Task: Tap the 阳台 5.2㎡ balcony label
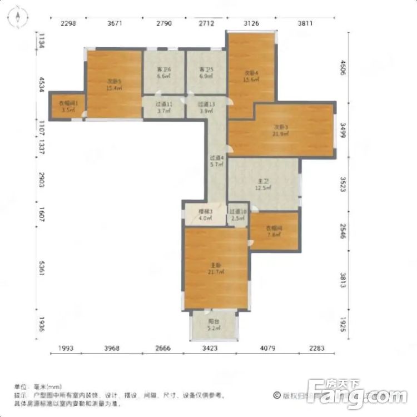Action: [x=214, y=325]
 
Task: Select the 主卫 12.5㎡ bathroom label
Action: [x=264, y=184]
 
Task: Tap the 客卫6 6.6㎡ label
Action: [x=164, y=73]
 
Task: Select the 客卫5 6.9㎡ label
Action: [x=206, y=73]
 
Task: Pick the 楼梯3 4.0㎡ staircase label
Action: [x=205, y=215]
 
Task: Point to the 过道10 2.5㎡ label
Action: [x=237, y=215]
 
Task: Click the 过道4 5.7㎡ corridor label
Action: [x=216, y=161]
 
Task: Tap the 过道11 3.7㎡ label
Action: [x=164, y=107]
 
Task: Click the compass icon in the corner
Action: [x=18, y=19]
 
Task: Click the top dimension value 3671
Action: [x=115, y=23]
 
